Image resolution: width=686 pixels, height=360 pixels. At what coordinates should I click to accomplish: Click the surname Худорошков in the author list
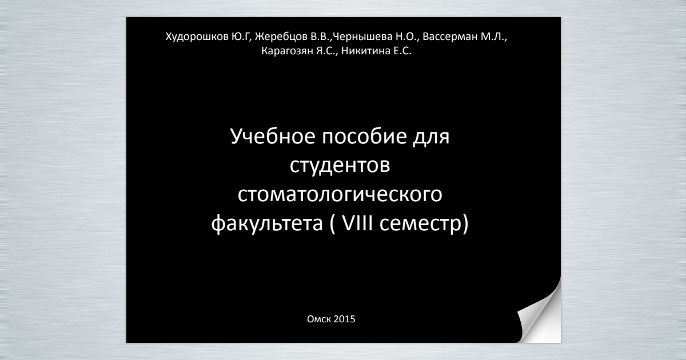click(197, 37)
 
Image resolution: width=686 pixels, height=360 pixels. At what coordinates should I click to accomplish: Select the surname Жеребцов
click(281, 37)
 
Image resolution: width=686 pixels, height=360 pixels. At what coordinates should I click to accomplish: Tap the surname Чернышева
click(362, 37)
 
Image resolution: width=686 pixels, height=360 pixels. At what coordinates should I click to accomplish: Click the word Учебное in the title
click(273, 136)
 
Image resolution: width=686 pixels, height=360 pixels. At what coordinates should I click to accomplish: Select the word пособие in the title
click(365, 136)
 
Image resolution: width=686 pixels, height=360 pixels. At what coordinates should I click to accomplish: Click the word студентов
click(340, 165)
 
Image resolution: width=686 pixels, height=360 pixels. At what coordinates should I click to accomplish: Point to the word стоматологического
click(340, 194)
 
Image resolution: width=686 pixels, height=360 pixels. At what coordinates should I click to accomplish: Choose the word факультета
click(267, 223)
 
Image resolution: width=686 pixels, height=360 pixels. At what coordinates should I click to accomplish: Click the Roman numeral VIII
click(357, 223)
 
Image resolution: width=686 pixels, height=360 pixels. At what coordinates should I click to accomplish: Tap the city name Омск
click(319, 319)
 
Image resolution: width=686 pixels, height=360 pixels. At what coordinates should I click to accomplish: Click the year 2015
click(344, 319)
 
